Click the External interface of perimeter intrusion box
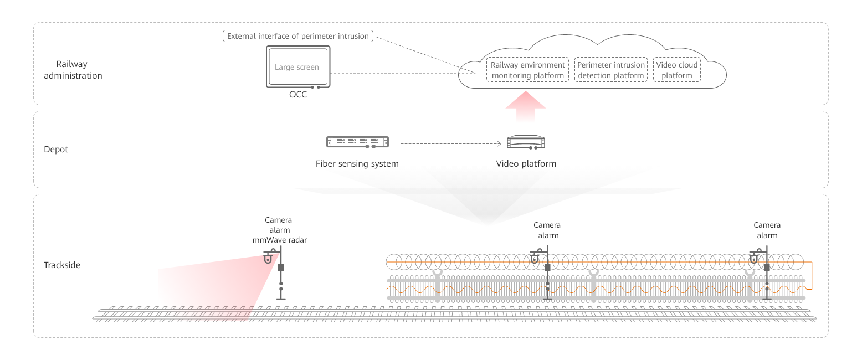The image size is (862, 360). coord(298,36)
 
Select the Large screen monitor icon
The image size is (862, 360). coord(297,68)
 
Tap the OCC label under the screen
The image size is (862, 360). coord(297,95)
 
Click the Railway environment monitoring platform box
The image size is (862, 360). coord(527,70)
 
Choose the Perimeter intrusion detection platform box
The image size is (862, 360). coord(610,70)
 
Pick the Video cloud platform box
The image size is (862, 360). coord(676,70)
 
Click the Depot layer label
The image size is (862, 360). coord(56,150)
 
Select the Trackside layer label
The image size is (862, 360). coord(62,265)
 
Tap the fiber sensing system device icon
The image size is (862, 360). coord(357,142)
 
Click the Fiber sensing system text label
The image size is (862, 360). coord(357,164)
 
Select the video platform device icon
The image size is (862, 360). coord(526,142)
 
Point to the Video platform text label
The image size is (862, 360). coord(526,164)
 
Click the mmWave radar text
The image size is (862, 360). coord(279,240)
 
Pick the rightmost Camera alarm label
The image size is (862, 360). coord(767,230)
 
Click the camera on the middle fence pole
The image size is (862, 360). coord(535,258)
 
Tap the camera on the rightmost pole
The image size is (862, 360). coord(755,258)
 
